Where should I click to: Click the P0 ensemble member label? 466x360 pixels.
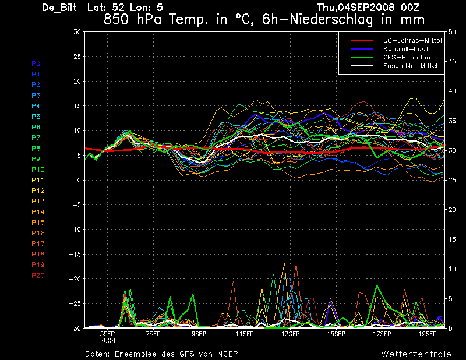pyautogui.click(x=36, y=63)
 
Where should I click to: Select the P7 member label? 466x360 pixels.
pyautogui.click(x=36, y=137)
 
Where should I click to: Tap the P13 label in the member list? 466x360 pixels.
pyautogui.click(x=38, y=201)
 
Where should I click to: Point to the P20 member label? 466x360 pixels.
pyautogui.click(x=38, y=276)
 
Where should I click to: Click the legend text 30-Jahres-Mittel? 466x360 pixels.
pyautogui.click(x=412, y=40)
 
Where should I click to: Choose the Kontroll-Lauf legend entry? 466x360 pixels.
pyautogui.click(x=405, y=49)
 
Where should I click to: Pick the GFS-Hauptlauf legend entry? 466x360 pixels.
pyautogui.click(x=408, y=57)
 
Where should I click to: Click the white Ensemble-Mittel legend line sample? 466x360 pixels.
pyautogui.click(x=362, y=66)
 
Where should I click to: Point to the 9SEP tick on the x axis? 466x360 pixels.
pyautogui.click(x=199, y=334)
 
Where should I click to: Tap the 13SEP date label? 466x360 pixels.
pyautogui.click(x=290, y=334)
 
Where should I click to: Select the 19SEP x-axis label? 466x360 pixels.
pyautogui.click(x=428, y=334)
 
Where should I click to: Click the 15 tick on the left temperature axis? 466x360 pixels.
pyautogui.click(x=77, y=106)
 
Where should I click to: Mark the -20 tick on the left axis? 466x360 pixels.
pyautogui.click(x=75, y=279)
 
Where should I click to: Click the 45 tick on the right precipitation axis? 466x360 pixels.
pyautogui.click(x=452, y=62)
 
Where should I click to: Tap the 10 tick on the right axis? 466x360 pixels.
pyautogui.click(x=452, y=269)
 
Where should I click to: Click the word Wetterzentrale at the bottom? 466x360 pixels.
pyautogui.click(x=416, y=354)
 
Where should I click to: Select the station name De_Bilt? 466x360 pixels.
pyautogui.click(x=59, y=8)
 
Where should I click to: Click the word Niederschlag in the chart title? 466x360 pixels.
pyautogui.click(x=331, y=20)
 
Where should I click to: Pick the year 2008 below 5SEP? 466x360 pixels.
pyautogui.click(x=107, y=341)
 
